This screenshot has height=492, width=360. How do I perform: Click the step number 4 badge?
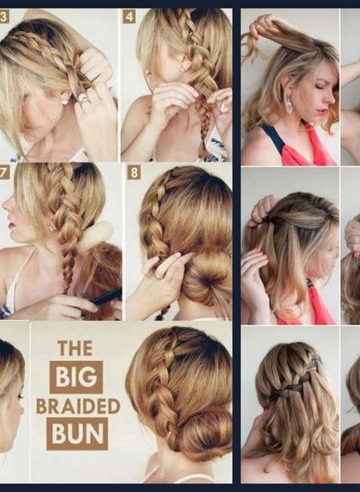tap(129, 17)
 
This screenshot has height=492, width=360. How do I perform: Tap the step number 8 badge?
tap(134, 173)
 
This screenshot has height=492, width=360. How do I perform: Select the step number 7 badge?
tap(4, 173)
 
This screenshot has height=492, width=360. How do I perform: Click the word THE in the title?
tap(75, 348)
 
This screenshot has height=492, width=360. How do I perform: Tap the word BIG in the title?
tap(76, 377)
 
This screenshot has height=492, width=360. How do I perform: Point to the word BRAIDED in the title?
tap(79, 406)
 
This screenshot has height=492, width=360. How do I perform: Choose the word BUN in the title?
tap(77, 434)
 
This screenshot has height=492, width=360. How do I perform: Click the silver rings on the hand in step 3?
tap(84, 100)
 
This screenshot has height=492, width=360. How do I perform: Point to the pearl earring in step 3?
tap(64, 101)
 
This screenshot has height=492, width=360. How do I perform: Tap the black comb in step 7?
tap(107, 297)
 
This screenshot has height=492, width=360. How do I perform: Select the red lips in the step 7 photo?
tap(11, 225)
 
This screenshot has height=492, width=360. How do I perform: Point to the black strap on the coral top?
tap(275, 135)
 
